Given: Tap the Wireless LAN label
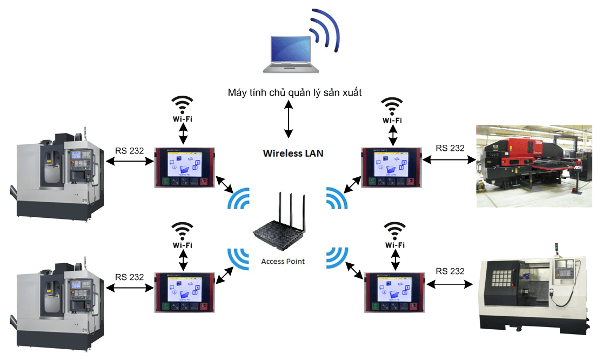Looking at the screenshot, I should coord(293,153).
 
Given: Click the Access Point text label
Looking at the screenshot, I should coord(283,262).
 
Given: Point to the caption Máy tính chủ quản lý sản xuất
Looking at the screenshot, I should coord(294,93).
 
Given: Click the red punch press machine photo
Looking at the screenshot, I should coord(533,166).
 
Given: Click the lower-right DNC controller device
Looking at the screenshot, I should coord(394,292).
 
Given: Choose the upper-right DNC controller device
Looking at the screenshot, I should coord(391,167).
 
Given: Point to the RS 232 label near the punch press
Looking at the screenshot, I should coord(450,148).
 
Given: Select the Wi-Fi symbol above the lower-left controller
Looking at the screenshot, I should coord(183,232).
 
